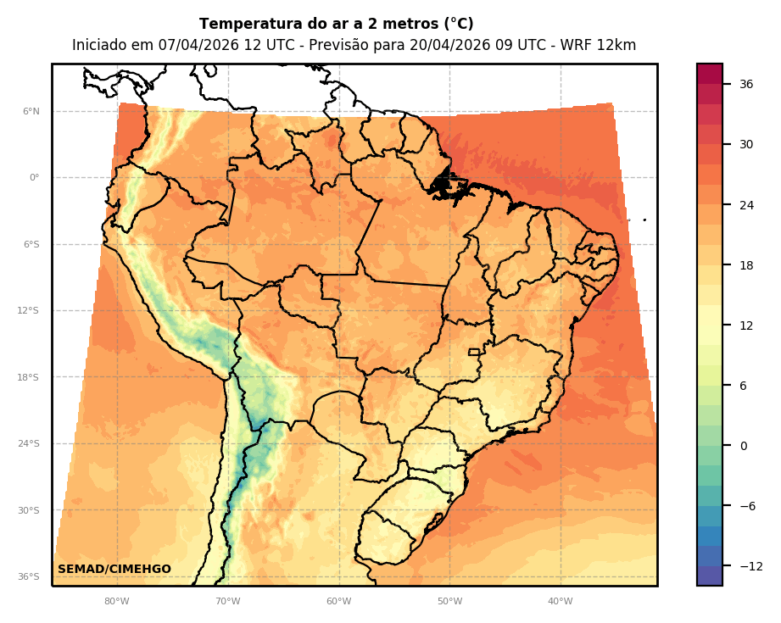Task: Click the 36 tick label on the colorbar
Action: coord(746,84)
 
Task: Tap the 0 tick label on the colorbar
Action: coord(744,446)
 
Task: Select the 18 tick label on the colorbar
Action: coord(746,265)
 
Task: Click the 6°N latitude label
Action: coord(31,111)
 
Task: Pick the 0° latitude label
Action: coord(35,178)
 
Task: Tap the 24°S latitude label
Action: coord(29,443)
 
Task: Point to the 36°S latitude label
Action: coord(29,576)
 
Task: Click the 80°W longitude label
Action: coord(117,602)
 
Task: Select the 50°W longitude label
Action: coord(449,602)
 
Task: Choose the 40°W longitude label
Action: coord(560,602)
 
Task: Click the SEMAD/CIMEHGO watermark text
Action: coord(114,570)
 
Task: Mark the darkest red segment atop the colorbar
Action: coord(710,74)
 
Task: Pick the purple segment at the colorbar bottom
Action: coord(710,576)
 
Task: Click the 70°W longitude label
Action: coord(228,602)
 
